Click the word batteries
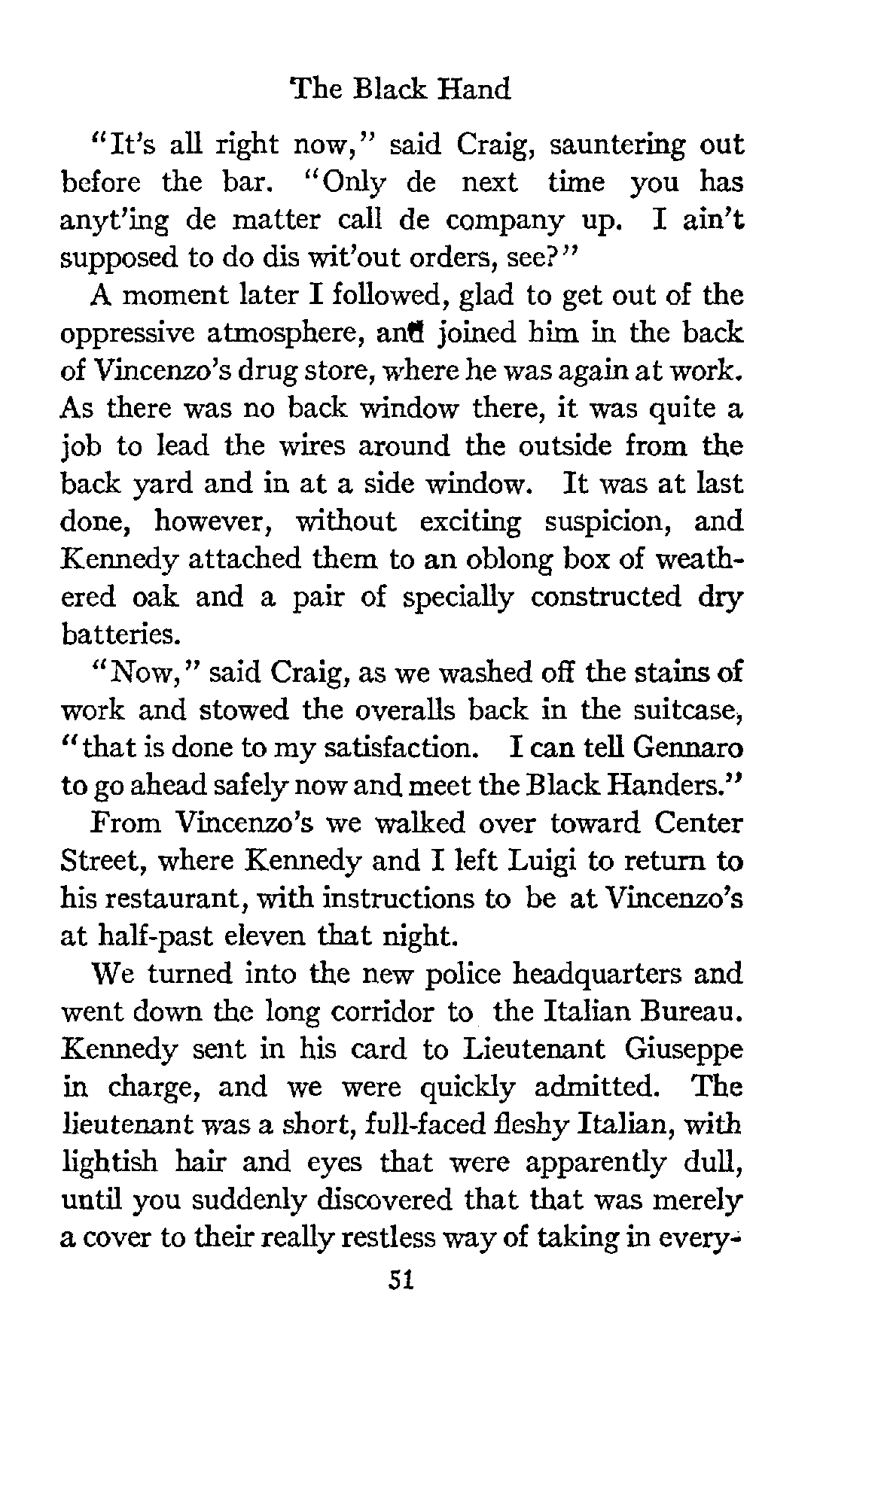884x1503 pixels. pyautogui.click(x=119, y=634)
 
